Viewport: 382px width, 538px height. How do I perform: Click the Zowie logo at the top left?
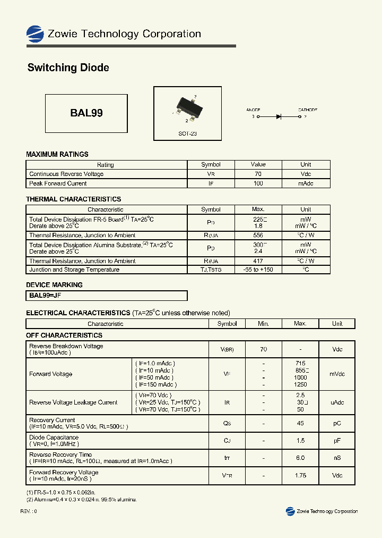[x=35, y=33]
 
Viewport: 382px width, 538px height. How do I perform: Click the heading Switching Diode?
[x=68, y=68]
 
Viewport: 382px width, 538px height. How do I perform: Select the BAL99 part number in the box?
[x=86, y=113]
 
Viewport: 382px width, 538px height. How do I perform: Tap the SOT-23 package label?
[x=187, y=134]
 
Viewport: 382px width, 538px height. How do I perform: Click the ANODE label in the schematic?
[x=253, y=110]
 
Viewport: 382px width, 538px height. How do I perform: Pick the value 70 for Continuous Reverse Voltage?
[x=258, y=174]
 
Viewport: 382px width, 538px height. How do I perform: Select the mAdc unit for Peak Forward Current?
[x=306, y=183]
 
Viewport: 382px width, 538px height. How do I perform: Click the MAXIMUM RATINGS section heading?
[x=57, y=154]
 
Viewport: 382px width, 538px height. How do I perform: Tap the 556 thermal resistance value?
[x=258, y=235]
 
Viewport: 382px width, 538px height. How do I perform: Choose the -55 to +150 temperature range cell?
[x=258, y=270]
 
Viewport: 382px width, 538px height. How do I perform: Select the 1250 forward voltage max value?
[x=300, y=384]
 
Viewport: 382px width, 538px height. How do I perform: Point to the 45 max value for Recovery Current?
[x=300, y=423]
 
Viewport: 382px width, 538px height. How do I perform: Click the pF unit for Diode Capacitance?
[x=337, y=441]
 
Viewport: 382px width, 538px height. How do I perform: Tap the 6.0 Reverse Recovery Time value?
[x=300, y=458]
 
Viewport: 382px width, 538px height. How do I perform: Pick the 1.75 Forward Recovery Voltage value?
[x=300, y=475]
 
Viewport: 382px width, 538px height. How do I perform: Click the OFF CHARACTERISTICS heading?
[x=64, y=335]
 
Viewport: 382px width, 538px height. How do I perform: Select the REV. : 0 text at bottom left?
[x=29, y=511]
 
